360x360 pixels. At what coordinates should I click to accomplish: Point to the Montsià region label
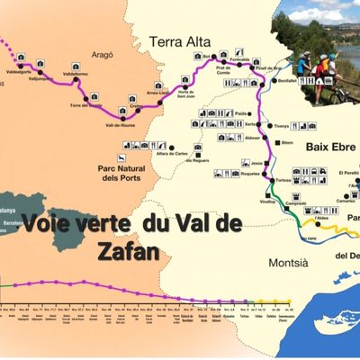click(289, 262)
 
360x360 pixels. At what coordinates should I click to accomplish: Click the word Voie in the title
click(50, 222)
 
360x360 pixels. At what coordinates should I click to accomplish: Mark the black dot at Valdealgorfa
click(19, 57)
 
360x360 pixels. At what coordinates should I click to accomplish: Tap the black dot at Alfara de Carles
click(169, 145)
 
